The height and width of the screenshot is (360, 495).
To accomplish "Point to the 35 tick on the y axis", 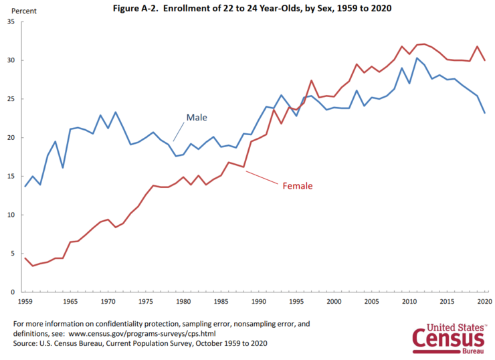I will [x=10, y=22].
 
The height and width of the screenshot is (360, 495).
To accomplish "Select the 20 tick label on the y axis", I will [x=10, y=138].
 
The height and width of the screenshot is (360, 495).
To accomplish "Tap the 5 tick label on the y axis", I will [x=12, y=254].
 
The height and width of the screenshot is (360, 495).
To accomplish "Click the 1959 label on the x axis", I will [x=25, y=302].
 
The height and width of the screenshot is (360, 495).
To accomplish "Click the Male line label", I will [x=197, y=117].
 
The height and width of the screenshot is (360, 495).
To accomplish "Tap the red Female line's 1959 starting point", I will [x=25, y=258].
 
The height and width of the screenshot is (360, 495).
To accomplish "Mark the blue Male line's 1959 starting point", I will [x=25, y=186].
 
